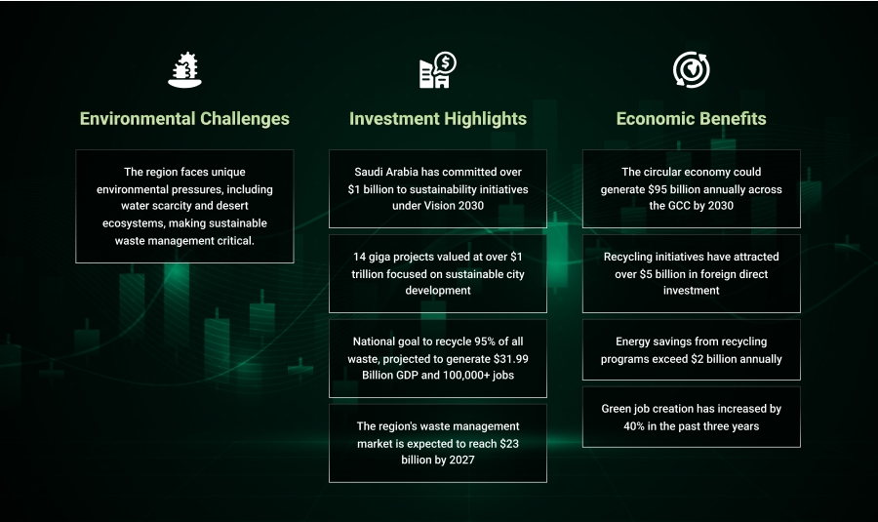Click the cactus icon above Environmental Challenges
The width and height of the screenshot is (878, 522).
[x=184, y=70]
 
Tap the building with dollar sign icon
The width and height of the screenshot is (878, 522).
[x=438, y=70]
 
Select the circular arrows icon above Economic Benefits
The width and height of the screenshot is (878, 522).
[x=691, y=70]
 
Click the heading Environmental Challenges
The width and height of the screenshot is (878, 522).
[x=184, y=119]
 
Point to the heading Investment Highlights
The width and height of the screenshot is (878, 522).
[x=438, y=119]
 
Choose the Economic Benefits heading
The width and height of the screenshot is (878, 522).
[x=691, y=119]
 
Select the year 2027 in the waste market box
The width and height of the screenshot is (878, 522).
[x=461, y=460]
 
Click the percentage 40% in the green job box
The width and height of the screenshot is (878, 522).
[x=634, y=426]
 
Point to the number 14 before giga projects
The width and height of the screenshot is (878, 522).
[x=359, y=257]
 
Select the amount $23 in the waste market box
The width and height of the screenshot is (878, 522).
[x=509, y=444]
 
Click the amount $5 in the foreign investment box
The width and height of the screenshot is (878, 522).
[x=646, y=274]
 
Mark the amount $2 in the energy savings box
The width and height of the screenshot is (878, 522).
[x=698, y=359]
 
